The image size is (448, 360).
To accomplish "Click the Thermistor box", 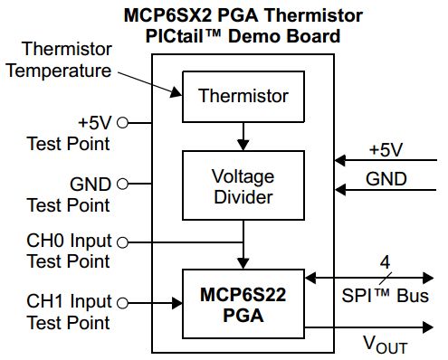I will coord(243,95).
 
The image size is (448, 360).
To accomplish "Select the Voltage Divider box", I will coord(243,185).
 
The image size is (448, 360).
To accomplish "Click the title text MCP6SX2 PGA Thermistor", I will coord(243,15).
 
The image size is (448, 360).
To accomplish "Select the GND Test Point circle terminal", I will coord(122,184).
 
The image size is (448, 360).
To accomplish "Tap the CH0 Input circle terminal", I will coord(122,242).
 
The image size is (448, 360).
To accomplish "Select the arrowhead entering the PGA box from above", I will coord(243,263).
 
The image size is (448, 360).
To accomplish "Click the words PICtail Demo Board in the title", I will coord(243,36).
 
